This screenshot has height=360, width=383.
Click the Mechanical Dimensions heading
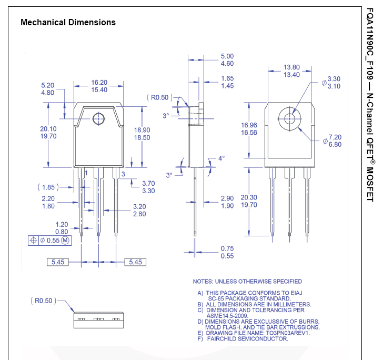tap(67, 23)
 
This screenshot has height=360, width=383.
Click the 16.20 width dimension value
tap(99, 83)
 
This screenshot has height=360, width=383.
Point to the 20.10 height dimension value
tap(48, 129)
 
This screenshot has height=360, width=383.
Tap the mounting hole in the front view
tap(98, 118)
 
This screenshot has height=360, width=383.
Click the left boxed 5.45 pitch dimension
tap(59, 262)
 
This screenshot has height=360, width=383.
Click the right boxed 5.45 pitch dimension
tap(135, 262)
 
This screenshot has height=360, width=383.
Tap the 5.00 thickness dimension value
tap(227, 56)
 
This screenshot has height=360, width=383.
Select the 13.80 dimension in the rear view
tap(291, 67)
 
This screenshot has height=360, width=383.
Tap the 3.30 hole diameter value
tap(334, 79)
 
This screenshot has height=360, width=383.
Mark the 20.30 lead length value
tap(249, 197)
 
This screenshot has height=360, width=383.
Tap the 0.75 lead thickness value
tap(227, 248)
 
